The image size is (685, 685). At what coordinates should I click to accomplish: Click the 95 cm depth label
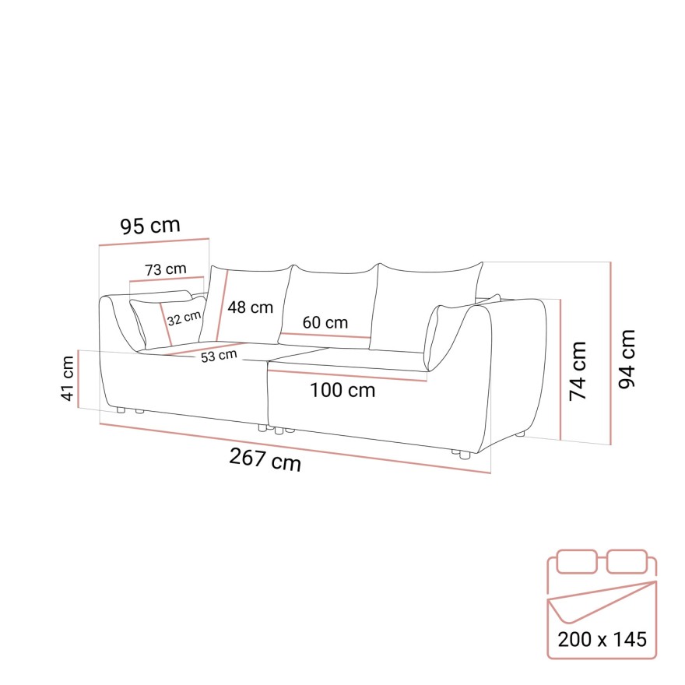(149, 226)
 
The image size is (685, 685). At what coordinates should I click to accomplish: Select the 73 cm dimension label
(165, 269)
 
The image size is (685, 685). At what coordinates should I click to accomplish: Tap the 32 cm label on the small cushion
(184, 318)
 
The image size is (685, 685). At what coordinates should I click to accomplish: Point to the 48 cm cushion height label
(250, 307)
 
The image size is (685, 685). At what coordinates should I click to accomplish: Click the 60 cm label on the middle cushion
(325, 322)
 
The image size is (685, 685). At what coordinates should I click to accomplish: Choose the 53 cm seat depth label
(218, 356)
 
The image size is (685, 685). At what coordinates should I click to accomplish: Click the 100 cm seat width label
(342, 390)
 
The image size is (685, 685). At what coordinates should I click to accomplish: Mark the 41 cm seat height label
(68, 378)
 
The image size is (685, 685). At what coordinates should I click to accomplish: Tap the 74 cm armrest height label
(578, 371)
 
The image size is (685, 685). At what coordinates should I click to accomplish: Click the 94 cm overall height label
(627, 358)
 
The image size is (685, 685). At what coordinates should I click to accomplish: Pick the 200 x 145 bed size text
(602, 640)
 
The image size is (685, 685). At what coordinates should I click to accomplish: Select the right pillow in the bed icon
(627, 560)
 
